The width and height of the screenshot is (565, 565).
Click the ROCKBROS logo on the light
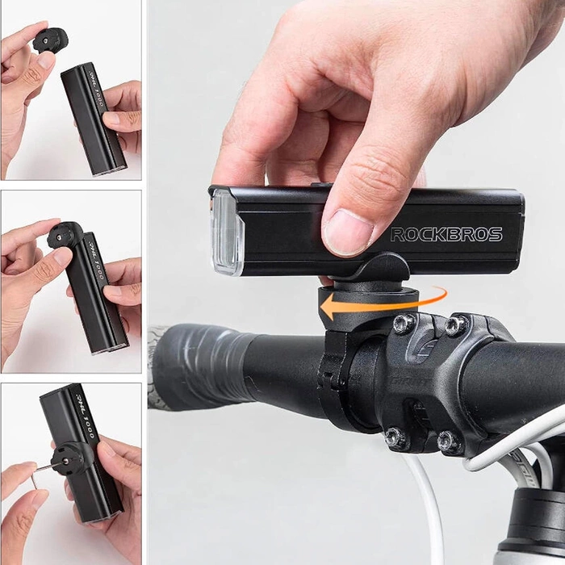coord(446,235)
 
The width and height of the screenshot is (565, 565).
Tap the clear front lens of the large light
coord(227,232)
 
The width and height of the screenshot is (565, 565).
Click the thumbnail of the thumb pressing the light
coord(348,231)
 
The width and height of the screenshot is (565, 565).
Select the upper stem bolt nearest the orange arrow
coord(404,324)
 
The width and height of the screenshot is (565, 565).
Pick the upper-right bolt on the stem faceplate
coord(455,325)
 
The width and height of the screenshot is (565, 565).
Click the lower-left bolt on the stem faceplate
coord(395,438)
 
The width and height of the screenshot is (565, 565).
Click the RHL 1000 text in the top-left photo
coord(95,89)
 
